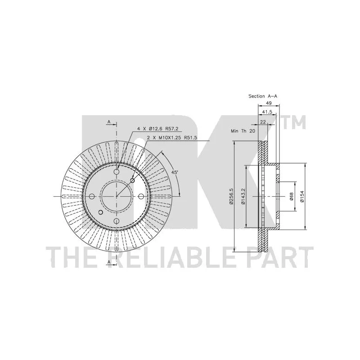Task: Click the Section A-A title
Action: (263, 96)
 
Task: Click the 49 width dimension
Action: (269, 103)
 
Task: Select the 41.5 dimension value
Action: (267, 112)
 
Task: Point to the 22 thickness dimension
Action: (263, 122)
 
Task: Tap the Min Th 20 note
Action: (243, 131)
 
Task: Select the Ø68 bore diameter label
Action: (291, 196)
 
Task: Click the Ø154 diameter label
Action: (301, 196)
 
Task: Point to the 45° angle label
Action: (175, 172)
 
